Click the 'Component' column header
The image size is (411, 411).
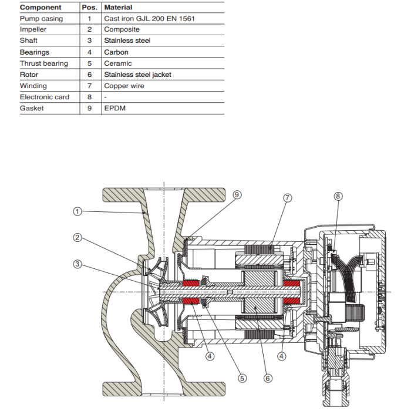[41, 8]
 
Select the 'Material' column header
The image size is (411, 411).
[118, 8]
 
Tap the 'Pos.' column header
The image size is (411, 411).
[90, 8]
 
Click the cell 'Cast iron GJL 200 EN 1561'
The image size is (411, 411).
[149, 19]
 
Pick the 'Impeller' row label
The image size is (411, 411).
[33, 30]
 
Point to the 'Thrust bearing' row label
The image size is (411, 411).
[44, 63]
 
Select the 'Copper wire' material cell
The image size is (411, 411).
[124, 86]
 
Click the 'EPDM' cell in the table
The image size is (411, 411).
[115, 108]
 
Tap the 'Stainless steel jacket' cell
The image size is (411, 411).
[137, 75]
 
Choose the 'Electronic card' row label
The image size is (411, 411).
[45, 97]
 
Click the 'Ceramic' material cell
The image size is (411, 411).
[118, 63]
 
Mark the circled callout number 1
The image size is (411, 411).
[77, 210]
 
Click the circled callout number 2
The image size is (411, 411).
[77, 238]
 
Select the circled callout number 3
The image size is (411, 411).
[77, 264]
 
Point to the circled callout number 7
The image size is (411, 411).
[287, 198]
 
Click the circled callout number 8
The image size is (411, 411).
[338, 196]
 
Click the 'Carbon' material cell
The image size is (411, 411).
[116, 52]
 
